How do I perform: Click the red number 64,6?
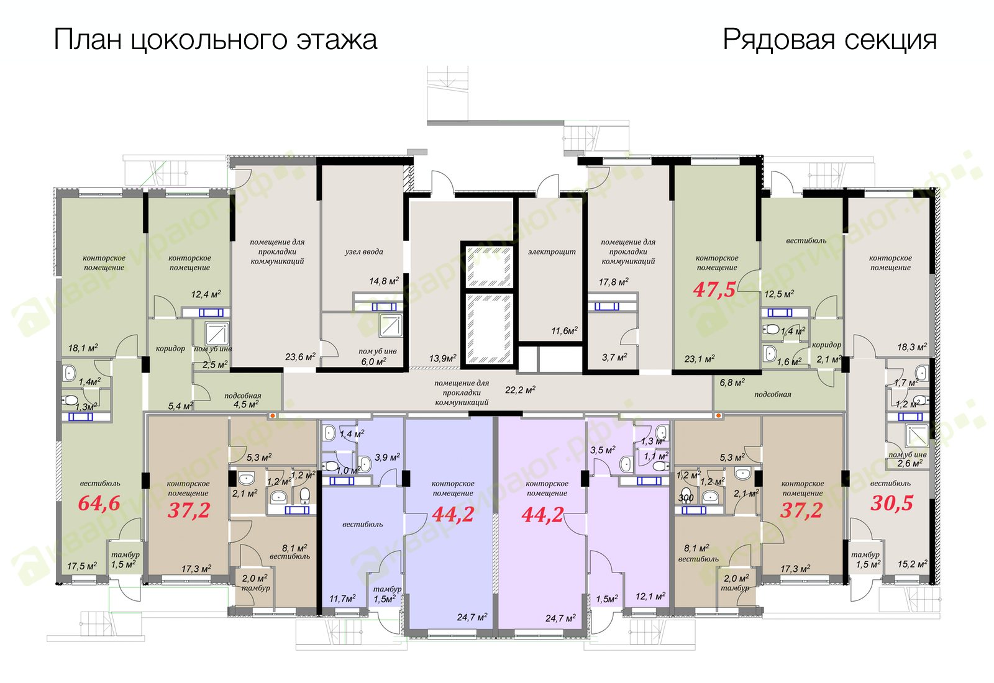pos(99,504)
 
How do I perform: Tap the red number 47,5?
pos(714,289)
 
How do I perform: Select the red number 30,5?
pos(892,504)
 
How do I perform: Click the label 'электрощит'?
pos(552,252)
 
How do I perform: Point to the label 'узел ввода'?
pos(364,252)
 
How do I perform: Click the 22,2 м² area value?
pos(520,390)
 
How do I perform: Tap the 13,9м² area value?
pos(443,358)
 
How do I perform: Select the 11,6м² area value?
pos(565,330)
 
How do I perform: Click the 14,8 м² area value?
pos(385,281)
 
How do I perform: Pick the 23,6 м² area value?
pos(301,356)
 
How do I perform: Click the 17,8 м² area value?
pos(614,282)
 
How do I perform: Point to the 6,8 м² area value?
pos(732,382)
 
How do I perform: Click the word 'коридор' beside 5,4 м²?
pos(170,348)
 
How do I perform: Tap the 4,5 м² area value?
pos(246,404)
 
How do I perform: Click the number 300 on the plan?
pos(686,498)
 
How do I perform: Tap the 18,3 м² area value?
pos(912,347)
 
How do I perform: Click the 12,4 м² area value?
pos(206,294)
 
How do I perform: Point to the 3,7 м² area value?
pos(614,357)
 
